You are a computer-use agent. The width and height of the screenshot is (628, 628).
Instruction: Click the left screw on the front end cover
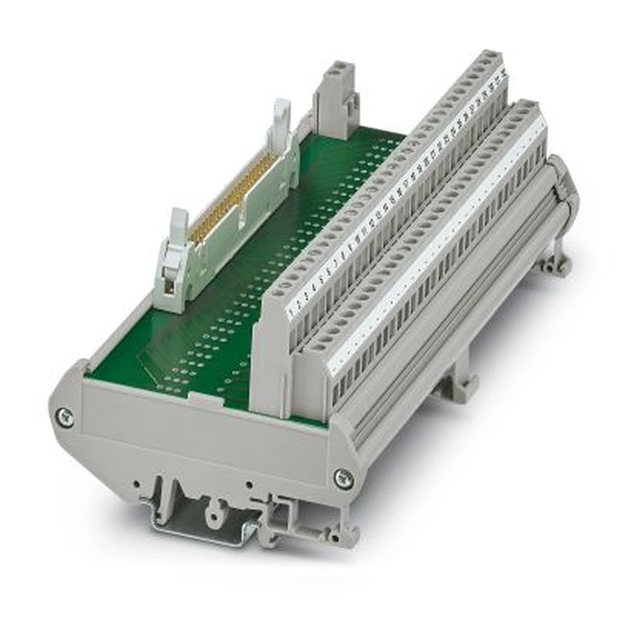pos(64,416)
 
